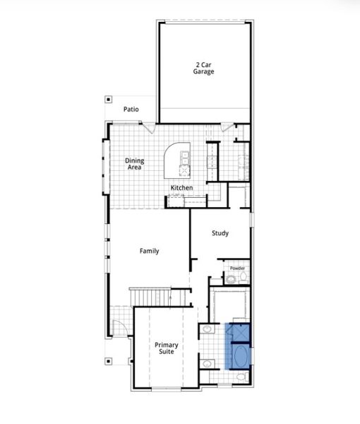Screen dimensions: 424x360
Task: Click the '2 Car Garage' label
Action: pos(205,69)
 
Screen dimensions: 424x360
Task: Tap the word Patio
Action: pos(131,110)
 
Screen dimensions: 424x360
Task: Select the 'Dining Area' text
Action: pos(135,164)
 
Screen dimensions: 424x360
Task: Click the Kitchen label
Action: pos(181,187)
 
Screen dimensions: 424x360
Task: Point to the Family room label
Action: pos(149,251)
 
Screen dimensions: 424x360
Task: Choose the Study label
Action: pos(220,232)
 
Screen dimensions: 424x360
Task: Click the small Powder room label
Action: pos(237,269)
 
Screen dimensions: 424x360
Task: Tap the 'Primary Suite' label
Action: pos(167,348)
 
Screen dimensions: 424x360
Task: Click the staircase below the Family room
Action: pos(161,297)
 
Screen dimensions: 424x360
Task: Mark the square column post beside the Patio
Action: pos(108,100)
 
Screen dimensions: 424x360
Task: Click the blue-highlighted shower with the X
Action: pos(239,331)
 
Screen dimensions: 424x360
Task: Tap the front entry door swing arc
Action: pos(119,328)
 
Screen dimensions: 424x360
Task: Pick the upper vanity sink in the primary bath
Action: pos(207,329)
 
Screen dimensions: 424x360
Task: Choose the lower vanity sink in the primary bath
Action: pos(208,363)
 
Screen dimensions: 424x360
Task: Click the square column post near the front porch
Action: pos(108,361)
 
